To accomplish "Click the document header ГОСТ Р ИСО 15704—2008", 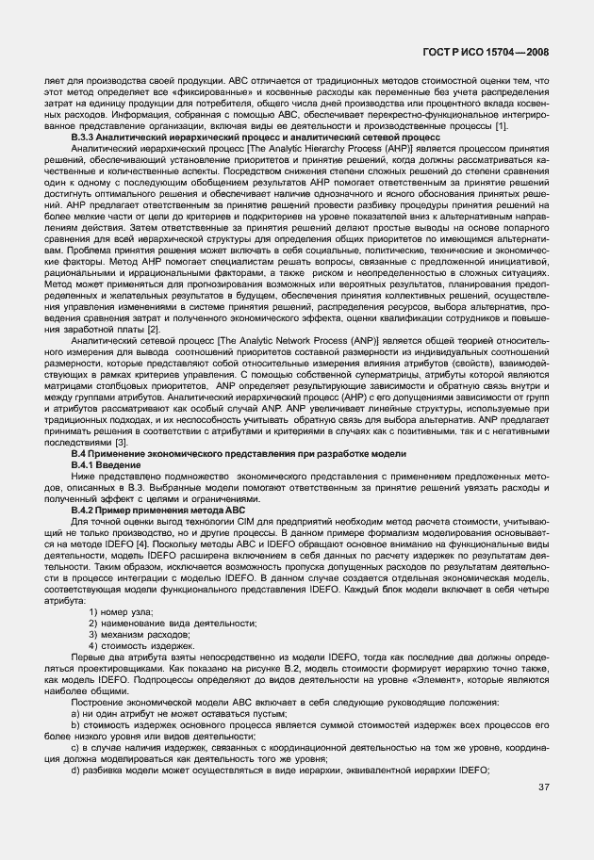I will pos(489,55).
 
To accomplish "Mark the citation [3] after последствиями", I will pos(122,443).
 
